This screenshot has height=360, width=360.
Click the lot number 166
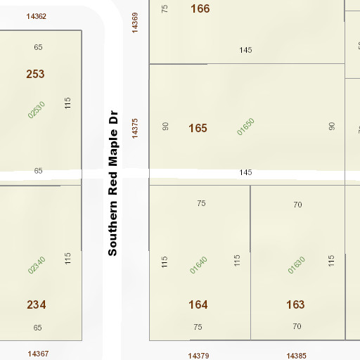(200, 8)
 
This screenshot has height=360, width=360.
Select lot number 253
(35, 74)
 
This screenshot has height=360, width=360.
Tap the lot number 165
(198, 128)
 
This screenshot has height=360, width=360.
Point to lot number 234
(37, 304)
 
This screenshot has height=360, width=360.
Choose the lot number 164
(198, 304)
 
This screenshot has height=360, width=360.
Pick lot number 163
(295, 304)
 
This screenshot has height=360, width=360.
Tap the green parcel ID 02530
(37, 110)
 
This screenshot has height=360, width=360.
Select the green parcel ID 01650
(245, 126)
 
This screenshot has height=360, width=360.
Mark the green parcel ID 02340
(37, 265)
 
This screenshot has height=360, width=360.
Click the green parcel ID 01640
(199, 265)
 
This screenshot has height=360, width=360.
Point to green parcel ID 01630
(297, 265)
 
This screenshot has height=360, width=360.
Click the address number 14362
(36, 15)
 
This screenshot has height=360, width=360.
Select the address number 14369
(135, 22)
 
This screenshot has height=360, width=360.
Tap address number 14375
(135, 127)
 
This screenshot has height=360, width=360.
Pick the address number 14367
(38, 353)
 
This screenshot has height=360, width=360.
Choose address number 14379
(199, 356)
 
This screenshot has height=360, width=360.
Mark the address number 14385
(296, 356)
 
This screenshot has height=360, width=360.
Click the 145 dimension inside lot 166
(245, 50)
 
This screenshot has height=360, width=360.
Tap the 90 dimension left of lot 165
(166, 127)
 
